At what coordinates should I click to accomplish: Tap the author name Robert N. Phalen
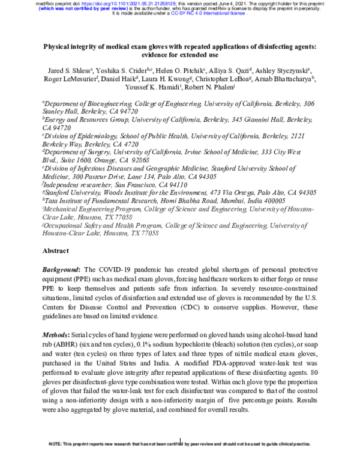[212, 88]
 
